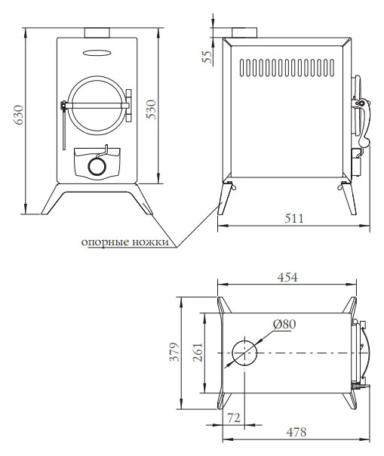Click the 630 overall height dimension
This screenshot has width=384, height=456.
[x=19, y=115]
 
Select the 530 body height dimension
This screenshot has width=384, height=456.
[x=151, y=109]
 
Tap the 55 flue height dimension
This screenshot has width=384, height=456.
[x=207, y=57]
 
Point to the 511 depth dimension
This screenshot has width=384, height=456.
[x=294, y=218]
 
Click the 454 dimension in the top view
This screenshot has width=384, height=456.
[x=287, y=277]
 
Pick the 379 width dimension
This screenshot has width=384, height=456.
[x=174, y=352]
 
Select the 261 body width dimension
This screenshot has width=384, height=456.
[x=198, y=353]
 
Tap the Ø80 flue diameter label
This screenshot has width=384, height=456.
[x=284, y=324]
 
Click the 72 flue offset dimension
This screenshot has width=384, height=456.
[x=234, y=418]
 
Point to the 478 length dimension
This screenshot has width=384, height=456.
[x=296, y=432]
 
